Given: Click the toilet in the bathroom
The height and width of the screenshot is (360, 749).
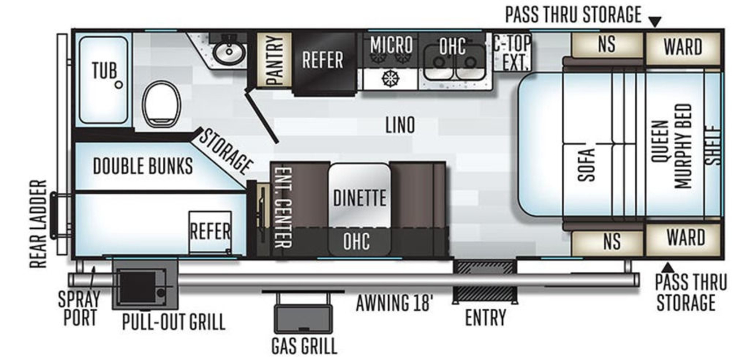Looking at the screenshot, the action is coord(162,104).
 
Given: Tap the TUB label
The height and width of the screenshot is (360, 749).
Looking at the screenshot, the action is coord(105,71).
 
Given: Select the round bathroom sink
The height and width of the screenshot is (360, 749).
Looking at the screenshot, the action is coord(229,53).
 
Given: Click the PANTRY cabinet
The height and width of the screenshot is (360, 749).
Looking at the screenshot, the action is coord(274,60).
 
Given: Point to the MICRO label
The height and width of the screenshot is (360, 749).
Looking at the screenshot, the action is coord(391,44).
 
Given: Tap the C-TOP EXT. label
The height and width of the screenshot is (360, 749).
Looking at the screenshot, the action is coord(512,52).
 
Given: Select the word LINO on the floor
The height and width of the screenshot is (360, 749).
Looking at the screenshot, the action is coord(400,125).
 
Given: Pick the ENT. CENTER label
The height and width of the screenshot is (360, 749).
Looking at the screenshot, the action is coord(283,207).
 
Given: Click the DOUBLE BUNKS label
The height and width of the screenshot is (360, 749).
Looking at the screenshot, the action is coord(143,166).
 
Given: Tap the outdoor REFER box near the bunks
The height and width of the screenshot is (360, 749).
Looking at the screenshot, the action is coord(210,232).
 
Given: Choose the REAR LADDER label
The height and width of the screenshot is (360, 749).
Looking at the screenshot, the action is coord(38,224).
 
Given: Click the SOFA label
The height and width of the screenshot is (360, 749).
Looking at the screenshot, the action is coord(587,165).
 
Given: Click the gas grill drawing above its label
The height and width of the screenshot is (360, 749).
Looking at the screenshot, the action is coord(303,319).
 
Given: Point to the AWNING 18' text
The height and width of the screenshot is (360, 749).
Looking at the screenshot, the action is coord(394,303).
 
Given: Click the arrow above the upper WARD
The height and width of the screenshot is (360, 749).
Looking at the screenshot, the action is coord(655,22).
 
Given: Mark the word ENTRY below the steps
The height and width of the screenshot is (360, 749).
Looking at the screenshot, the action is coord(486,318).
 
